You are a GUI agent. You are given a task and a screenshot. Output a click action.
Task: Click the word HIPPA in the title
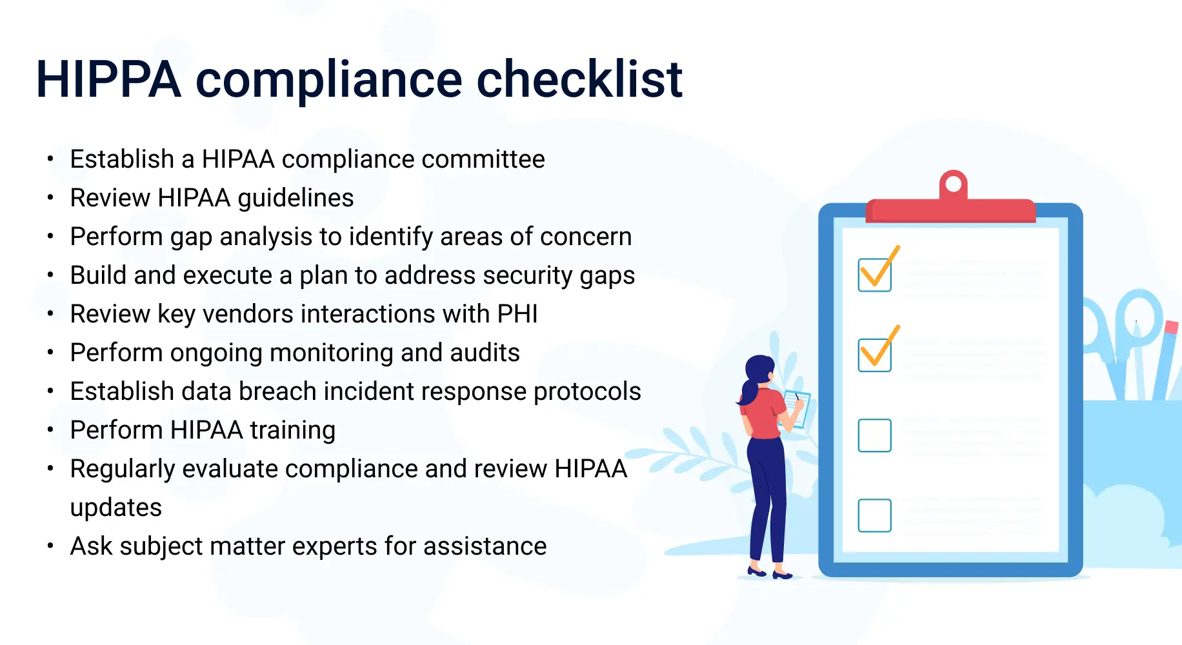pyautogui.click(x=108, y=79)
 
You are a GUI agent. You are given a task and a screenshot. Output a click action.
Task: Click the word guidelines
pyautogui.click(x=295, y=199)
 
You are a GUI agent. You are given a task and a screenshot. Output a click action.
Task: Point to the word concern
pyautogui.click(x=586, y=237)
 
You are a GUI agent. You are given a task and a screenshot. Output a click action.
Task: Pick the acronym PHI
pyautogui.click(x=517, y=314)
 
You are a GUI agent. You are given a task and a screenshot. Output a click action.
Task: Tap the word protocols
pyautogui.click(x=587, y=392)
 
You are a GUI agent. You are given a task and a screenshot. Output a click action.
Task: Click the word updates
pyautogui.click(x=116, y=508)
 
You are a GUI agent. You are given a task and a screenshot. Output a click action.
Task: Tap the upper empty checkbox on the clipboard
pyautogui.click(x=875, y=435)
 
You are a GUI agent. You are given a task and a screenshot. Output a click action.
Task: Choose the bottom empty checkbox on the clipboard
pyautogui.click(x=875, y=515)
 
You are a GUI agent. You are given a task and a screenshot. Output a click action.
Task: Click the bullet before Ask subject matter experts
pyautogui.click(x=50, y=546)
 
